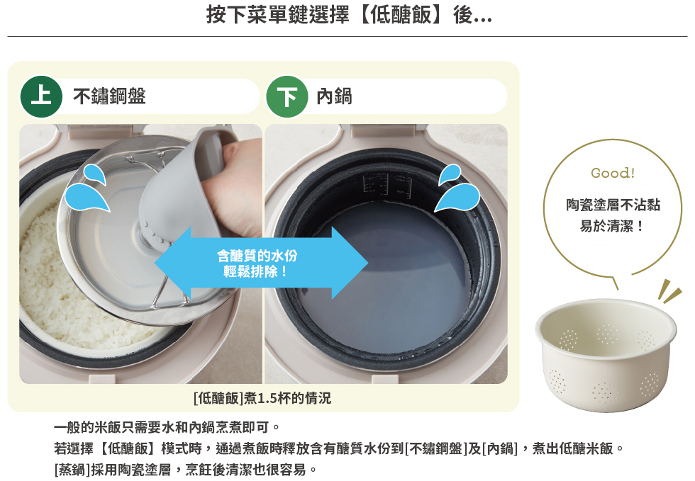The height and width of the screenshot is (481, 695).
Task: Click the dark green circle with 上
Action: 41,96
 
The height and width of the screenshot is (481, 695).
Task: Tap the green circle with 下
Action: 287,96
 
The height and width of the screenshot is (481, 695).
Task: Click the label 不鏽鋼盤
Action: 109,96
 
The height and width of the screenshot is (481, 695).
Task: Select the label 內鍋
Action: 334,96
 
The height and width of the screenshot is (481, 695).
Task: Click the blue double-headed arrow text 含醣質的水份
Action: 257,256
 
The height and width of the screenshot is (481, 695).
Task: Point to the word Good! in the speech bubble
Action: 613,173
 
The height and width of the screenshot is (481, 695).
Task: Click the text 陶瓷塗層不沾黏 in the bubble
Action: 613,205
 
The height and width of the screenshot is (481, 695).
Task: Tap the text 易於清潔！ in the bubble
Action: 611,226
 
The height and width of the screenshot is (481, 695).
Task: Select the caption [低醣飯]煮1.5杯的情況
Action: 262,398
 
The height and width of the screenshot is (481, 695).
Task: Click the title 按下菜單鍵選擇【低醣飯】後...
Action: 349,15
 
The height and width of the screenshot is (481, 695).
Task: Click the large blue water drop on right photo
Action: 457,198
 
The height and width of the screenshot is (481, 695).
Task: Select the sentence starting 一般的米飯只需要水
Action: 167,427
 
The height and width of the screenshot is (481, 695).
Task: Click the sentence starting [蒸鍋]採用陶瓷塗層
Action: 186,470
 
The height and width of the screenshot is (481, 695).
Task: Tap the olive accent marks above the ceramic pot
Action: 669,291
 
